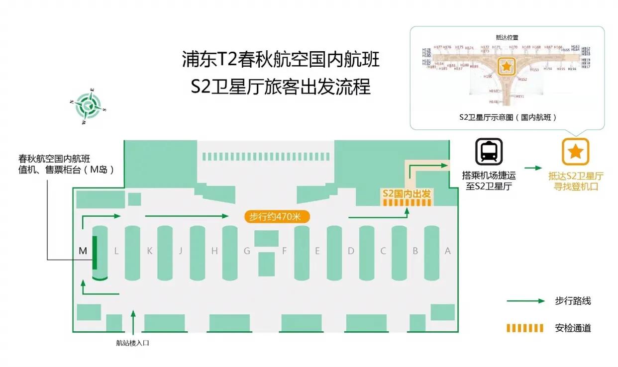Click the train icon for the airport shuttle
(489, 152)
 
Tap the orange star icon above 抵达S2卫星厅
(576, 152)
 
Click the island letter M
(83, 251)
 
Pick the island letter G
(247, 251)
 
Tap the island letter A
(447, 251)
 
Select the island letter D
(351, 251)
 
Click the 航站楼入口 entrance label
(133, 343)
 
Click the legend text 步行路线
(573, 301)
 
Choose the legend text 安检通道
(573, 328)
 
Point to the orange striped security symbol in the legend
(525, 328)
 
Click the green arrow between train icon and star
(533, 168)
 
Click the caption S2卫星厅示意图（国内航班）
(508, 118)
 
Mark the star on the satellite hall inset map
(507, 66)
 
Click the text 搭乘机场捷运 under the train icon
(488, 176)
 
